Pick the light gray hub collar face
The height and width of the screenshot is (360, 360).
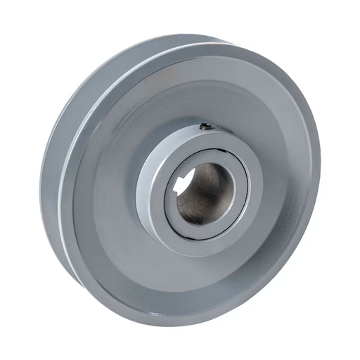(x=253, y=176)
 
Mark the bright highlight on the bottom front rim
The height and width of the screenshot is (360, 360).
(x=162, y=313)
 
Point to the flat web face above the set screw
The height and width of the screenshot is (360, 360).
(x=204, y=91)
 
